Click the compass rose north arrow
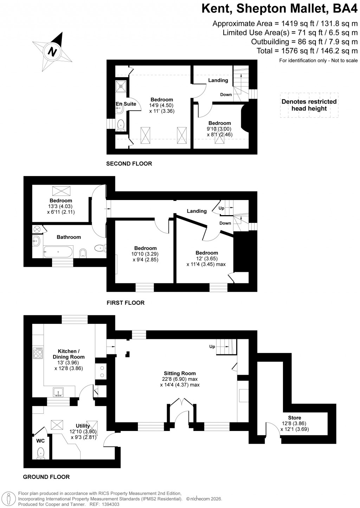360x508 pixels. (x=53, y=51)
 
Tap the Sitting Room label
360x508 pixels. (x=180, y=373)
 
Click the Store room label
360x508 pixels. (x=294, y=418)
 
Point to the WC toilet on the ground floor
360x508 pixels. (x=41, y=453)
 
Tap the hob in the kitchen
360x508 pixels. (x=37, y=353)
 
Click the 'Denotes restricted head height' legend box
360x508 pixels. (x=309, y=105)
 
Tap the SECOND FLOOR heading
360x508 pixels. (x=129, y=163)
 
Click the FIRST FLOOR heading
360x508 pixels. (x=126, y=303)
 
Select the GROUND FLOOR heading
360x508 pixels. (x=46, y=477)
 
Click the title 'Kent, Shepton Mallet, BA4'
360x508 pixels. (x=279, y=8)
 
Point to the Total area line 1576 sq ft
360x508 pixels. (x=307, y=51)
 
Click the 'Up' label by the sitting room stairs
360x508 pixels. (x=212, y=347)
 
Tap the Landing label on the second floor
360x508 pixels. (x=218, y=80)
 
